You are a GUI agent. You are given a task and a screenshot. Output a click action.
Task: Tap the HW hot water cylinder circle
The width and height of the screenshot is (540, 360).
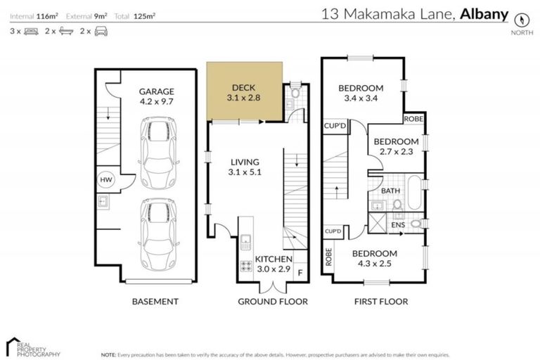[x=105, y=179]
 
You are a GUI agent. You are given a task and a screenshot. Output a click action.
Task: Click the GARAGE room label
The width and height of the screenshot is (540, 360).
[x=156, y=91]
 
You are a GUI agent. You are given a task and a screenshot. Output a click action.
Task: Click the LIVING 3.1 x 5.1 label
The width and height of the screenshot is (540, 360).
[x=244, y=166]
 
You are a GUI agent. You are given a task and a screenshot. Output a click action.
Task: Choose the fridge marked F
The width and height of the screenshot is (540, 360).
[x=300, y=271]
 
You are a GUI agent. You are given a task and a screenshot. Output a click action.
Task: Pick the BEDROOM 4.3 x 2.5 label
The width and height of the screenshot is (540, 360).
[x=375, y=258]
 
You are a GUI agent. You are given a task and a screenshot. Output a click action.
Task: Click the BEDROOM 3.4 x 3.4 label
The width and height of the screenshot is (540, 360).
[x=361, y=93]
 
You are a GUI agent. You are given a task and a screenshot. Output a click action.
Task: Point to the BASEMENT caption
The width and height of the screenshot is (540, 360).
[x=155, y=302]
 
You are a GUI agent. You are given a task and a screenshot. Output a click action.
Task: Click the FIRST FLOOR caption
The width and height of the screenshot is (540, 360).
[x=381, y=302]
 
